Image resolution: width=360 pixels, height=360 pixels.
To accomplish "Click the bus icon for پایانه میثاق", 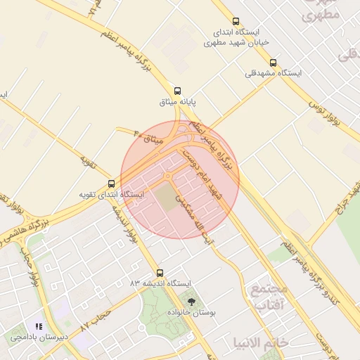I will click(x=177, y=91).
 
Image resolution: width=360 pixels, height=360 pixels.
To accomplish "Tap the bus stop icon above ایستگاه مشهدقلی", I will click(x=273, y=63).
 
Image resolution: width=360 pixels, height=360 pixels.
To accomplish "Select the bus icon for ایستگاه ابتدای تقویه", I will click(x=112, y=183).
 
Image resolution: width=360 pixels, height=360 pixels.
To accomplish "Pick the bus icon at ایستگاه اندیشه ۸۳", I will click(x=160, y=273).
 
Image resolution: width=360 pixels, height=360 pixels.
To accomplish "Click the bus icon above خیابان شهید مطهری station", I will click(x=235, y=21).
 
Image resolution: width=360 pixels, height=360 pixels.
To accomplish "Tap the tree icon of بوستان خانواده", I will click(x=192, y=301).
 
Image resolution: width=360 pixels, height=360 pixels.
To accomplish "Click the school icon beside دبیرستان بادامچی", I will click(x=39, y=327).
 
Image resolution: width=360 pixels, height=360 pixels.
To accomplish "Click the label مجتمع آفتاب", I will click(x=269, y=297).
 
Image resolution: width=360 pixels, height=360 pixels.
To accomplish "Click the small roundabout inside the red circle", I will click(x=168, y=176).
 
